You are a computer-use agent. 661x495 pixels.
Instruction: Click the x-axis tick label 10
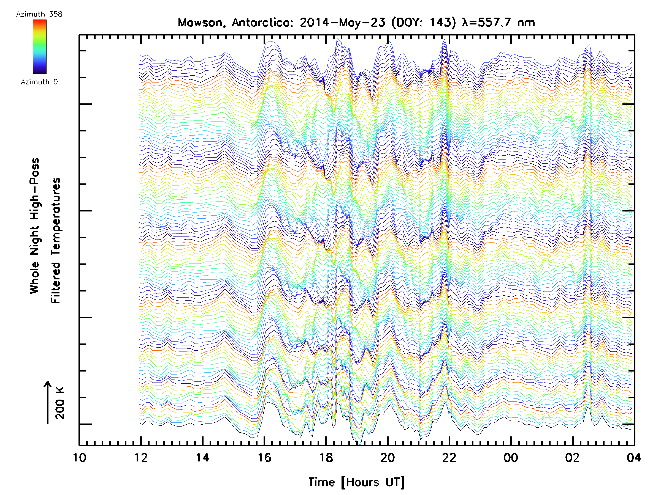point(80,458)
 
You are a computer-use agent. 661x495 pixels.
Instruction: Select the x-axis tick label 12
point(141,458)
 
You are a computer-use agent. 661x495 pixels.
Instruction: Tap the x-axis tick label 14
point(203,458)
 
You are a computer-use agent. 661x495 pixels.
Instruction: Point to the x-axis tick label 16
point(264,458)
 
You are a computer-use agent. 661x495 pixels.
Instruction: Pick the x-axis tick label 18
point(326,458)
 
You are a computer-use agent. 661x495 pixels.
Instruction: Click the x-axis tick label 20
point(388,458)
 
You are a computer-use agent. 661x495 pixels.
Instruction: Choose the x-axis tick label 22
point(449,458)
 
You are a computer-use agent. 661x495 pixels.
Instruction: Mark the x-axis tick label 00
point(511,458)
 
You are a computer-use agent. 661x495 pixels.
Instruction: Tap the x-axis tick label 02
point(572,458)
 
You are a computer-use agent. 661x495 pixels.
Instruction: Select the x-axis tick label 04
point(634,458)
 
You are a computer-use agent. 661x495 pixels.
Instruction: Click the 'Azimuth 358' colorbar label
point(39,14)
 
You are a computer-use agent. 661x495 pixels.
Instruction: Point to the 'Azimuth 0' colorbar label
point(39,82)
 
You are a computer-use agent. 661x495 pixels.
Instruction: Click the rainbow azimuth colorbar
point(40,47)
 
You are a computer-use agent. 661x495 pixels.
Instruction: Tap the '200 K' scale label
point(60,403)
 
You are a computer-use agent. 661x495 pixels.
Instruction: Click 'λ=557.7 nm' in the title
point(498,23)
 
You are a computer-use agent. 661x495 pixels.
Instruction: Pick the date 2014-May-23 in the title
point(343,23)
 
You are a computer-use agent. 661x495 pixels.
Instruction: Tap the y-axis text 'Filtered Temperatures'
point(56,241)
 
